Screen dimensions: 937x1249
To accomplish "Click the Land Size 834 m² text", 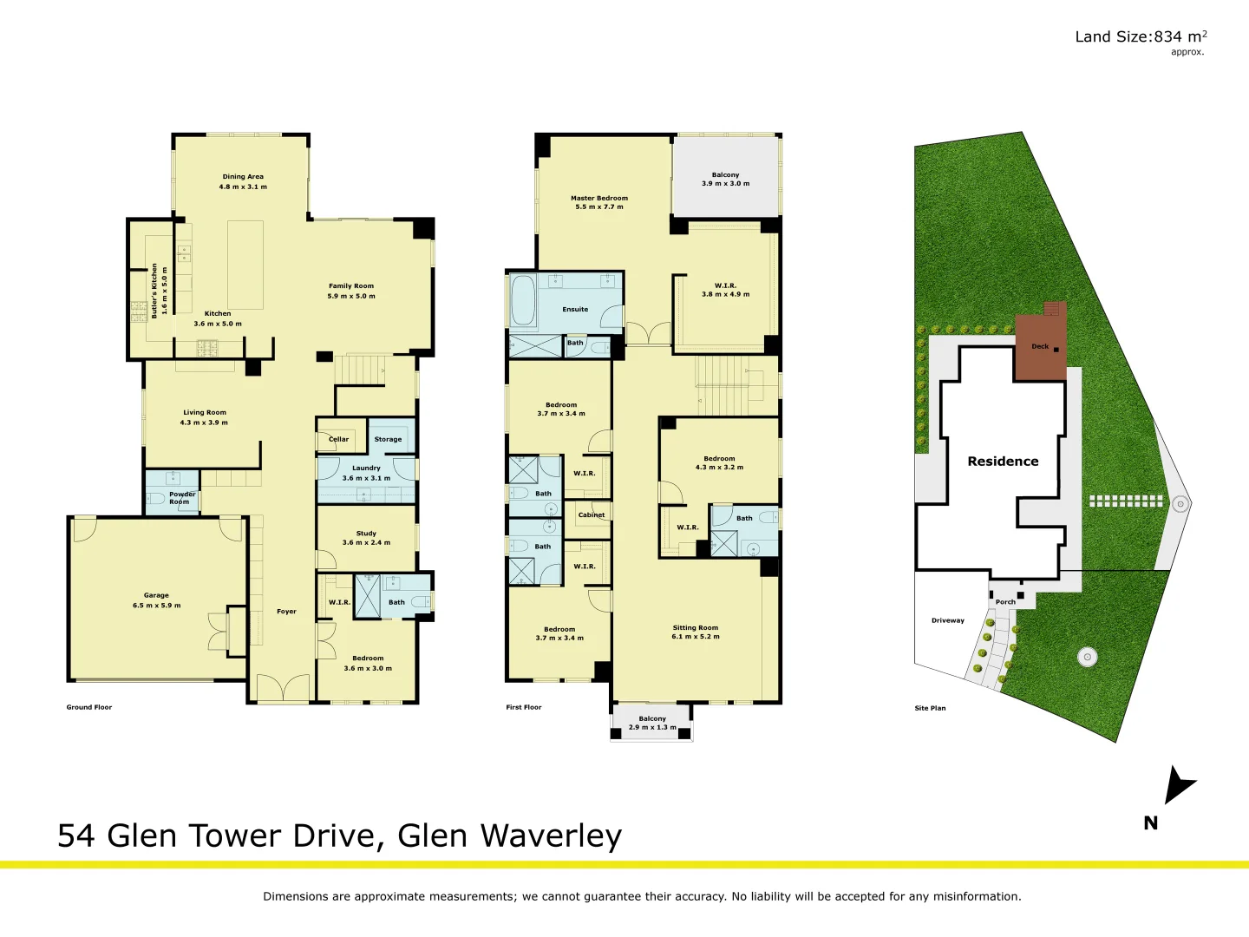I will tap(1140, 36).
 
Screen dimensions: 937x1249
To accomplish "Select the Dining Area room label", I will tap(243, 181).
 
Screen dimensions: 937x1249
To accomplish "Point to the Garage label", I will tap(156, 600).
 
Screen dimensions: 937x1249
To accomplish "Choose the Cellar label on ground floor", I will tap(338, 439).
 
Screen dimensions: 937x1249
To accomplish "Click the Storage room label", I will tap(388, 439).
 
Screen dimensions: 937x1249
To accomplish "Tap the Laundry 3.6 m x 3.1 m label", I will tap(366, 473).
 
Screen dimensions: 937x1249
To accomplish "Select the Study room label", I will tap(366, 538).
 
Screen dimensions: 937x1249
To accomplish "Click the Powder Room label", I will tap(181, 498).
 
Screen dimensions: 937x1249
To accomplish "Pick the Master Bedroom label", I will tap(599, 202).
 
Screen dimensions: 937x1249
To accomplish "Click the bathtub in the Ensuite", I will tap(522, 300).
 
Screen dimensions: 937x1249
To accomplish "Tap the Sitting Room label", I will tap(696, 632).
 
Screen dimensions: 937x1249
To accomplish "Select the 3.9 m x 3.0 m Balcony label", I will tap(726, 179).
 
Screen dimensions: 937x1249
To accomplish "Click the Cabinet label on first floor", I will tap(592, 514).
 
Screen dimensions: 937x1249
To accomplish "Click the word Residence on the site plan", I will tap(1003, 462).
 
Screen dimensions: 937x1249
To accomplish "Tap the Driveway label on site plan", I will tap(948, 620).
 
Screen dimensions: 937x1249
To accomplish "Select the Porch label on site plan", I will tap(1005, 601).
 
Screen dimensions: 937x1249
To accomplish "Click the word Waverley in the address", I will tap(551, 835).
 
